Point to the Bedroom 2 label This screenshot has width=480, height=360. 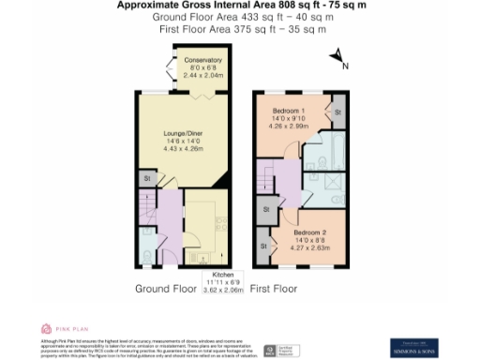311,231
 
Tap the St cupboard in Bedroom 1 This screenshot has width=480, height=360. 337,112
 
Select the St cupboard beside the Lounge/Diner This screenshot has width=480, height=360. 147,177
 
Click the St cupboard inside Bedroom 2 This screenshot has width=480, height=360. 263,245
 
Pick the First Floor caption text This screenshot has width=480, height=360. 274,289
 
